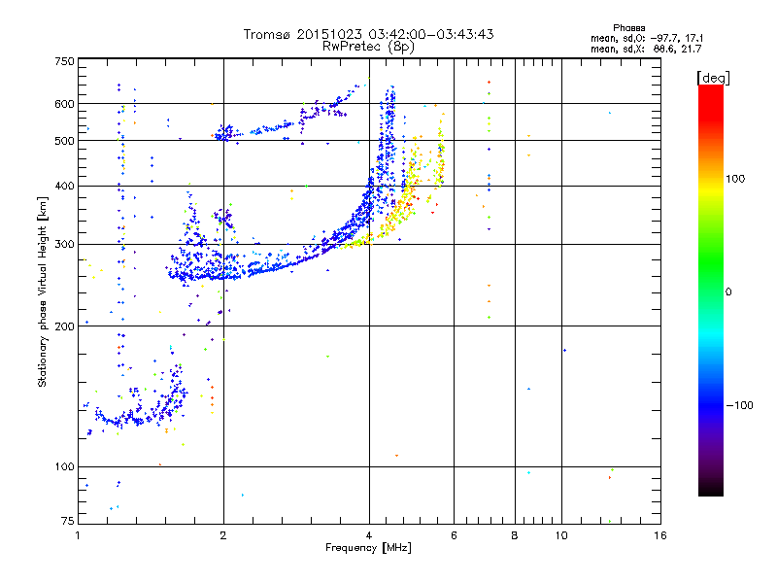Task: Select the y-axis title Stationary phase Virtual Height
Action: coord(43,291)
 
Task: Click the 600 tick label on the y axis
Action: coord(63,104)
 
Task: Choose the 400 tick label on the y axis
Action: coord(63,186)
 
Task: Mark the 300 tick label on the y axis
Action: coord(63,244)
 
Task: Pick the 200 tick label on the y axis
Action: coord(63,326)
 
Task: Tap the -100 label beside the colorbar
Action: coord(743,404)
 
